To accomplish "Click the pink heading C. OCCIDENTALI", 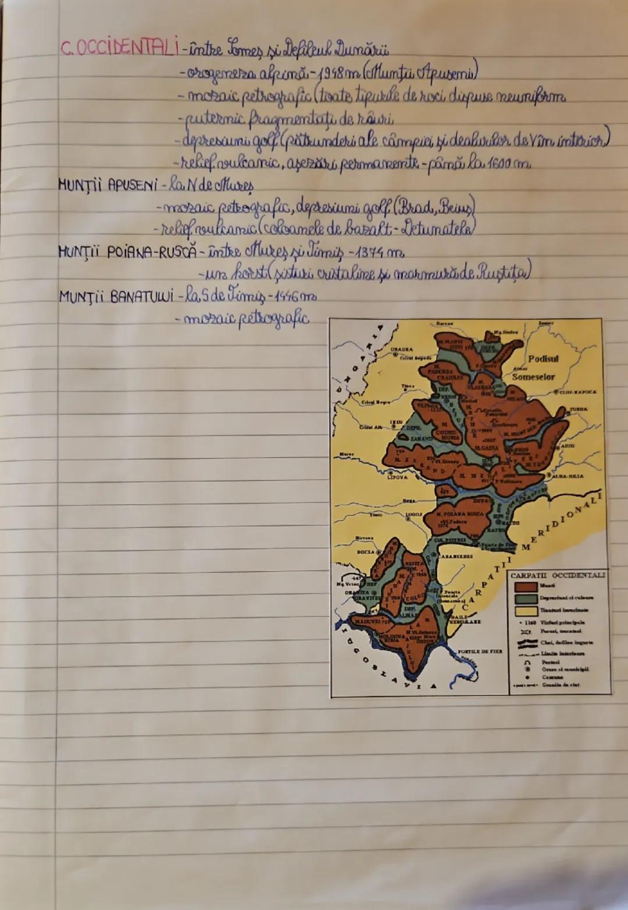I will click(x=119, y=48).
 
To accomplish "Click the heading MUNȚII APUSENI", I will click(x=107, y=185).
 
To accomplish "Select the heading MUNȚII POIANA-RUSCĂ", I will click(x=128, y=253).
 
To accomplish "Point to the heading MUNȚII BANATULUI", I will click(x=116, y=297).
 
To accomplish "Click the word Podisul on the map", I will click(x=543, y=359).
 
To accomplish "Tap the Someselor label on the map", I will click(x=534, y=377).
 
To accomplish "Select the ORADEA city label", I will click(x=401, y=350).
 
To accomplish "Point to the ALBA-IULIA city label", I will click(x=568, y=476).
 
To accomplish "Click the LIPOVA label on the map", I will click(x=397, y=478).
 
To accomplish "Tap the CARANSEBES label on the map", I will click(x=456, y=556).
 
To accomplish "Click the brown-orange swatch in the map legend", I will click(x=525, y=587).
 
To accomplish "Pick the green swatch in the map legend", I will click(x=525, y=599).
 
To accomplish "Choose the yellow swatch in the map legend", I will click(x=525, y=611).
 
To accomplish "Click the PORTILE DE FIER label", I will click(x=480, y=651).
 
